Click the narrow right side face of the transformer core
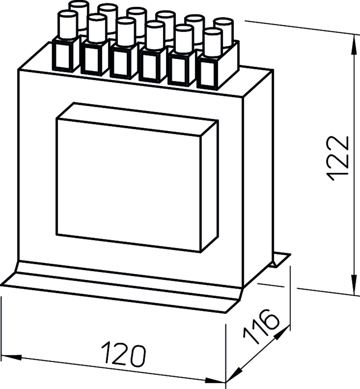click(258, 179)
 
